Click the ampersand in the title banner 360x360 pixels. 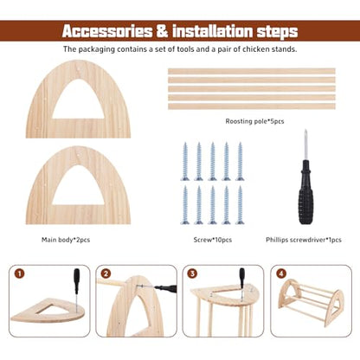pos(163,31)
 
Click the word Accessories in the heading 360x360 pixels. pos(107,31)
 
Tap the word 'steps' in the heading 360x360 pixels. pos(277,32)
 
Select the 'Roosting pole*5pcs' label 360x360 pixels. pos(254,121)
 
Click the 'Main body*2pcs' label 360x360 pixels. pos(66,240)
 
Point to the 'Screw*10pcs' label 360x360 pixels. pos(213,240)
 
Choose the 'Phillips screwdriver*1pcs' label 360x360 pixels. pos(304,240)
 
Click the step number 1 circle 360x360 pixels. pos(19,273)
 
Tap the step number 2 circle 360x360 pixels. pos(106,273)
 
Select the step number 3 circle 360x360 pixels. pos(192,273)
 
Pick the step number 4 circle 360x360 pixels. pos(281,273)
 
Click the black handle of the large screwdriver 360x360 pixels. pos(305,192)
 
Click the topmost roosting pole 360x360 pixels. pos(252,71)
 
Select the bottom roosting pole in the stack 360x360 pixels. pos(252,106)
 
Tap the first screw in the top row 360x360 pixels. pos(185,161)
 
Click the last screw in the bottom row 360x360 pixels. pos(240,205)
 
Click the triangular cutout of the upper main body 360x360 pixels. pos(78,101)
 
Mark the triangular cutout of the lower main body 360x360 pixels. pos(78,187)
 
